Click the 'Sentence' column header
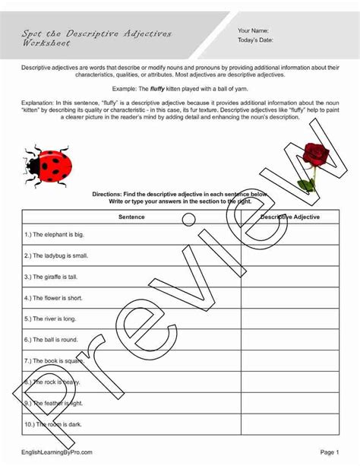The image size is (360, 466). coord(131,217)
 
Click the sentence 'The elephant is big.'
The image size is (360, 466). coord(55,236)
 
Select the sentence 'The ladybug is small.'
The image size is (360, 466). coord(57,255)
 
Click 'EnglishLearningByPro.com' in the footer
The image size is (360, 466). coord(57,452)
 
